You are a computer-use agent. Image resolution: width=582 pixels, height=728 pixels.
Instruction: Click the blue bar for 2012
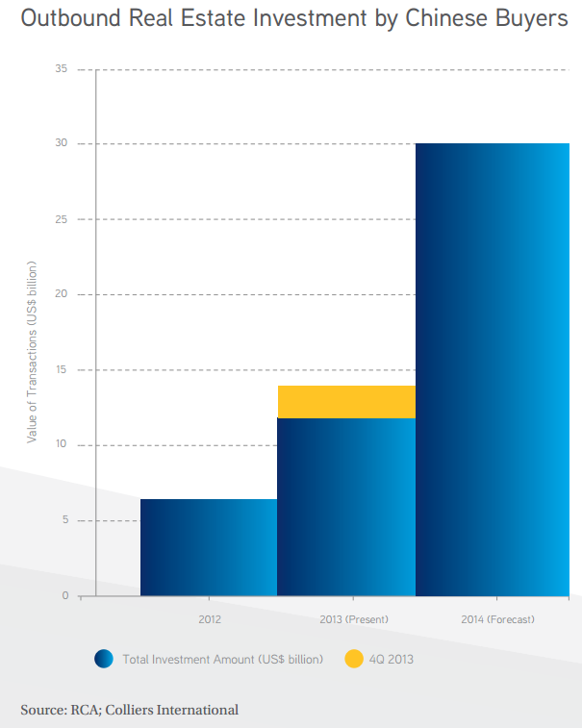[x=209, y=547]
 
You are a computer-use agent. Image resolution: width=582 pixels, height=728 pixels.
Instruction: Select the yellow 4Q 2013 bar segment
[x=346, y=402]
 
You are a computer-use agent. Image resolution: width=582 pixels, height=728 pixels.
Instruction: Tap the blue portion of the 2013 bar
[x=346, y=507]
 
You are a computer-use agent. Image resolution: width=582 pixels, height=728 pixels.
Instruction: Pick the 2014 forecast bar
[x=493, y=369]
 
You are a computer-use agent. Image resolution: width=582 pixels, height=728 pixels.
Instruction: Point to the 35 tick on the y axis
[x=63, y=69]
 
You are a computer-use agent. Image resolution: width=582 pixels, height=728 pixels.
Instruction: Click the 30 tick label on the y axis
[x=63, y=144]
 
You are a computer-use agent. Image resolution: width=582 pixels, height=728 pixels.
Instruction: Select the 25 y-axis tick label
[x=63, y=219]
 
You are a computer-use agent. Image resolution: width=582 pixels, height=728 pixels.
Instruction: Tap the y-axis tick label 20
[x=63, y=294]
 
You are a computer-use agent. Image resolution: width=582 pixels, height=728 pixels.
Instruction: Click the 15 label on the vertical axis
[x=63, y=370]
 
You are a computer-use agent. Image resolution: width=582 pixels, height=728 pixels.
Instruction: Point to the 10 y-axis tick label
[x=63, y=445]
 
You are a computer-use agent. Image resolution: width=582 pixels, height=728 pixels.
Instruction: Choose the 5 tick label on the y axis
[x=65, y=520]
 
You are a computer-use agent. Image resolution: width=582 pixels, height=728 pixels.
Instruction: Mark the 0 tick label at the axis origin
[x=65, y=596]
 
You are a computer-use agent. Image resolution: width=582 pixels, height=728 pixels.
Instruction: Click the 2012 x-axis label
[x=209, y=619]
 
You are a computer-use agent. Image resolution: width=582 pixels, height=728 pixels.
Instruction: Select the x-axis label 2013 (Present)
[x=346, y=619]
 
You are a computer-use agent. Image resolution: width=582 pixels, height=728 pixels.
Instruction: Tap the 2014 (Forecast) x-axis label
[x=496, y=619]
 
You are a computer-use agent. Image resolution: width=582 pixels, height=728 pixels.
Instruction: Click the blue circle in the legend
[x=104, y=659]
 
